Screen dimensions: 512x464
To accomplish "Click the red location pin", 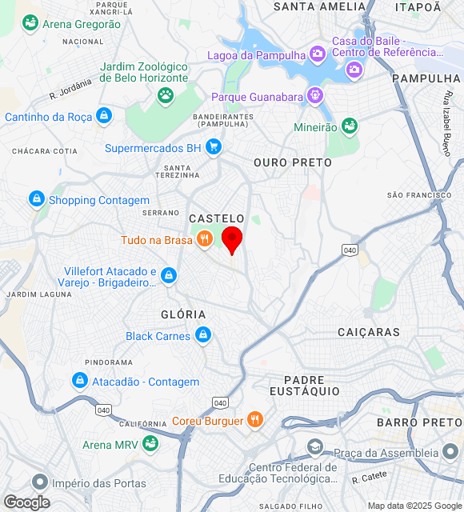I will (232, 238).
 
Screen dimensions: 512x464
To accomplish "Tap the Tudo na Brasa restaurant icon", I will (205, 238).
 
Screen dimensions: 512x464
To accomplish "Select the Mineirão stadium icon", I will (348, 126).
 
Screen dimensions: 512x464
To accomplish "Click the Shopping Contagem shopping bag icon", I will (36, 199).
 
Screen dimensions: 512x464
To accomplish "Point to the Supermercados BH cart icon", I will (213, 147).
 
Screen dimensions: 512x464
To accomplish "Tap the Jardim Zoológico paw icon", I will (166, 96).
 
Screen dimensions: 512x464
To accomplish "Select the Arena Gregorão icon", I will (30, 23).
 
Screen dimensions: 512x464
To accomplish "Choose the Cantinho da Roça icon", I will (103, 116).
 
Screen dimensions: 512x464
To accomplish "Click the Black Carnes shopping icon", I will (202, 335).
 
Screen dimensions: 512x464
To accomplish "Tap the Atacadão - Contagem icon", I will (79, 381).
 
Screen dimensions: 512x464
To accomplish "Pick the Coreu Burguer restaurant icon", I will (254, 419).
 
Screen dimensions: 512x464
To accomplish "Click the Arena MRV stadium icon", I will (150, 443).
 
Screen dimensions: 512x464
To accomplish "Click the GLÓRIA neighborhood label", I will (183, 314).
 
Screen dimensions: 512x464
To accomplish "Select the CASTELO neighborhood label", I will (217, 218).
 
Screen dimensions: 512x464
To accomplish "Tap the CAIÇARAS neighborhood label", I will (369, 331).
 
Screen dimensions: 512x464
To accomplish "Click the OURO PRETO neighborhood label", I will (292, 162).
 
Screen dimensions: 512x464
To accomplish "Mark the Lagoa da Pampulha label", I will (256, 55).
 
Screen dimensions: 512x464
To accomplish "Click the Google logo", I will (26, 502).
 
